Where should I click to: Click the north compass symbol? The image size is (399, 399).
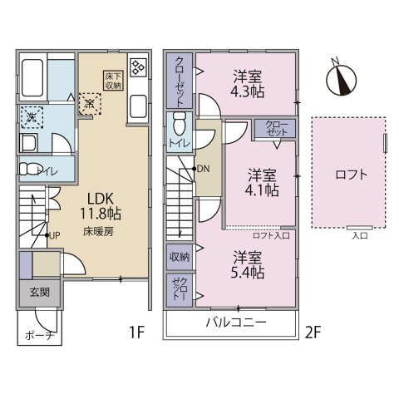pos(340,78)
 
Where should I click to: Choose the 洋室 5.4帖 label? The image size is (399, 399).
pos(249,265)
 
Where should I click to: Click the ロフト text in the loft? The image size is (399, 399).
pos(350,175)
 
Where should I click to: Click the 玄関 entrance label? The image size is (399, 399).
pos(38,292)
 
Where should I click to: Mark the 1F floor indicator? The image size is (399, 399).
pos(136,332)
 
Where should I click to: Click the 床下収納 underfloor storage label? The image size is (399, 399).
pos(112,80)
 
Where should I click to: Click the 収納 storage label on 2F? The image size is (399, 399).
pos(180,257)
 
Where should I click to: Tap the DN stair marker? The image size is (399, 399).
pos(204,170)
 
